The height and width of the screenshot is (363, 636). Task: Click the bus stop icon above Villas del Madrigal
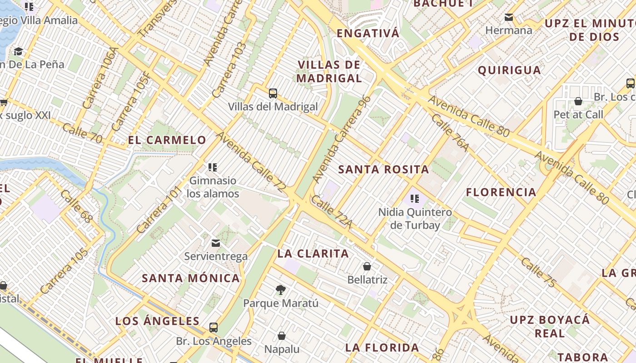273,93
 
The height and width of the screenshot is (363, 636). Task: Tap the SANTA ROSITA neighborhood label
384,170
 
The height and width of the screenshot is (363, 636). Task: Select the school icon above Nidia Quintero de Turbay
414,198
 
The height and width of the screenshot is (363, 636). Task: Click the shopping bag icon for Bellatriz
367,266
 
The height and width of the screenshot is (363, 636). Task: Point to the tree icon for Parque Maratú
281,289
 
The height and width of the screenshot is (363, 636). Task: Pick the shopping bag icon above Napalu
282,336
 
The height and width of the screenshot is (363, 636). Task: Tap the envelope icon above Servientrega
216,243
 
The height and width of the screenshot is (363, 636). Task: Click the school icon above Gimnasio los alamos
212,167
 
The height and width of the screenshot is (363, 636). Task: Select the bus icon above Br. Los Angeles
213,327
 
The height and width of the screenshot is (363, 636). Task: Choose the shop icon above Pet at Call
578,101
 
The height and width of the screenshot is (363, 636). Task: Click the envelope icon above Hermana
509,17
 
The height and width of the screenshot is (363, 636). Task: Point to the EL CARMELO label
167,140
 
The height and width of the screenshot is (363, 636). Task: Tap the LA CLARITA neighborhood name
313,254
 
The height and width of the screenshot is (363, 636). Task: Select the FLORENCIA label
501,192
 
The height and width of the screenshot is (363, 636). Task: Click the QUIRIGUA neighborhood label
509,70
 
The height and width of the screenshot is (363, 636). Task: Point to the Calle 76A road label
450,132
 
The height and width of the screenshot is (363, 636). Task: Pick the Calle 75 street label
538,273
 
